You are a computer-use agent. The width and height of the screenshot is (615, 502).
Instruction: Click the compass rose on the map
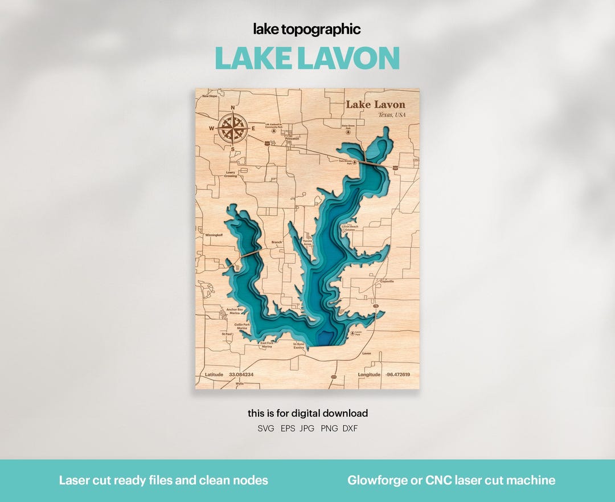click(232, 128)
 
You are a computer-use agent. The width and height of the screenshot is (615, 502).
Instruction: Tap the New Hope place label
click(210, 96)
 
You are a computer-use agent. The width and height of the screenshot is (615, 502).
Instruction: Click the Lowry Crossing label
click(231, 174)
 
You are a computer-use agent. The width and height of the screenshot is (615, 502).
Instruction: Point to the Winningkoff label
click(213, 234)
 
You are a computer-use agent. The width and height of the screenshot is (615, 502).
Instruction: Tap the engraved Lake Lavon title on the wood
click(375, 104)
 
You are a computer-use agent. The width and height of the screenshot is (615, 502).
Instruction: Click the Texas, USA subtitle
click(392, 115)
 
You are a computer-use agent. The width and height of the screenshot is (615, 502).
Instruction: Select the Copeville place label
click(387, 281)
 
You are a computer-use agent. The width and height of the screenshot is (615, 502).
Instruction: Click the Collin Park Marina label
click(242, 326)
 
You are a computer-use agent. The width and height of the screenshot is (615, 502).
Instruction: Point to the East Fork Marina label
click(266, 345)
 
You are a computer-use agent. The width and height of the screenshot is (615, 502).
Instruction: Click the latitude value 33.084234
click(241, 374)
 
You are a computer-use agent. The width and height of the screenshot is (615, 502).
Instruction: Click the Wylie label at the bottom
click(239, 384)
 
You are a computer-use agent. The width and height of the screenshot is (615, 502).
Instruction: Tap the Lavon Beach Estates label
click(350, 228)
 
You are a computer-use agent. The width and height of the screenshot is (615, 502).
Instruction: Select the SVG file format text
click(265, 428)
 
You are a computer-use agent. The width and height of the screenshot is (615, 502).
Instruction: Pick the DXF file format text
click(350, 428)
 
